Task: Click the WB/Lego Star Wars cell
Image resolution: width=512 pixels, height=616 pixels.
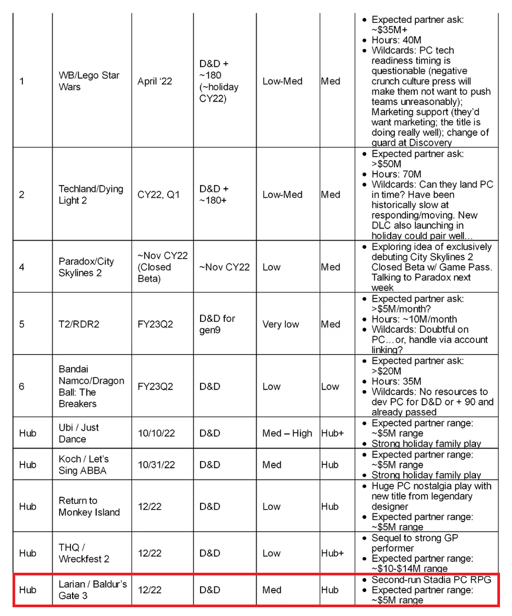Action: pos(89,81)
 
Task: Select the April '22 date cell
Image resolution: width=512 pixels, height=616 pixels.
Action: pos(155,81)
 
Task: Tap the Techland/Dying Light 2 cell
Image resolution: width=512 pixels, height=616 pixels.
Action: pos(91,195)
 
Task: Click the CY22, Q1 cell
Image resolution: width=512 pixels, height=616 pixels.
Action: pos(158,195)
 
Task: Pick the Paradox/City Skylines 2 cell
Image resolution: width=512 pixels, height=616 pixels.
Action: pos(86,267)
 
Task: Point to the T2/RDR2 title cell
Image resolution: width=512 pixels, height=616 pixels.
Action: pos(79,324)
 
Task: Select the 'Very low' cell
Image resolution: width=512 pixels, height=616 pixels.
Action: pos(281,324)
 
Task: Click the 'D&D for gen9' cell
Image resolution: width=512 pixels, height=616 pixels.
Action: pos(217,324)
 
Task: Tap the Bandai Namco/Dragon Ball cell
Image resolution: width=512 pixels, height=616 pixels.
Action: pos(91,386)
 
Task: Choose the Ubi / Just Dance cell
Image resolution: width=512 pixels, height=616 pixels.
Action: pos(79,433)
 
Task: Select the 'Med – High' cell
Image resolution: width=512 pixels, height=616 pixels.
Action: pos(287,433)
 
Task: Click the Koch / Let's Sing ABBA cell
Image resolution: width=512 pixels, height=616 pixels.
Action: pos(84,465)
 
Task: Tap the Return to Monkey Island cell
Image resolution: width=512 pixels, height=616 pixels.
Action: pos(89,506)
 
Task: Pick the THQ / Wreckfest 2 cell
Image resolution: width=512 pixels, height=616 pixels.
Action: pos(84,553)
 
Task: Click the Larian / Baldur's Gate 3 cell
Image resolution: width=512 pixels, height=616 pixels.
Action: pos(92,590)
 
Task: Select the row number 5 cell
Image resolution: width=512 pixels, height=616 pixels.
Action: pos(22,324)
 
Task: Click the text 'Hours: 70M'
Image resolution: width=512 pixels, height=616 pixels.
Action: pos(397,175)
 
